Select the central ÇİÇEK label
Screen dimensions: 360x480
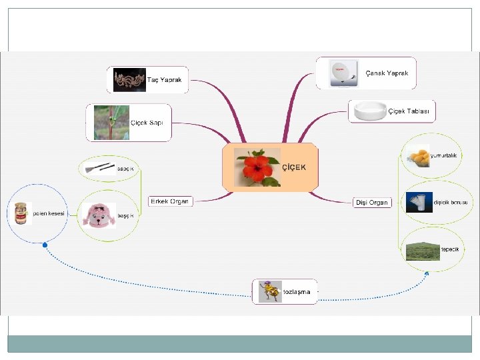(294, 167)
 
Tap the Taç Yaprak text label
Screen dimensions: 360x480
(164, 79)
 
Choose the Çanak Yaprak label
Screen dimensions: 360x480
(387, 73)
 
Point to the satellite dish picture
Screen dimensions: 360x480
(339, 73)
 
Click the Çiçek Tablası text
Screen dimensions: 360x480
(409, 111)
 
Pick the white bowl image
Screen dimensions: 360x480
(369, 111)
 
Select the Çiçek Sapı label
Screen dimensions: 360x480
(147, 123)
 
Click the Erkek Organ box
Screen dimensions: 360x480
(170, 201)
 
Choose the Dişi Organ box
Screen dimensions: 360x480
(371, 202)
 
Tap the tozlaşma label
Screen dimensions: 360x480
(297, 292)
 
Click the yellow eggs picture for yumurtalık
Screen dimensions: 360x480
(419, 156)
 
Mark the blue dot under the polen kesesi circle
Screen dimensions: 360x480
(45, 245)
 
